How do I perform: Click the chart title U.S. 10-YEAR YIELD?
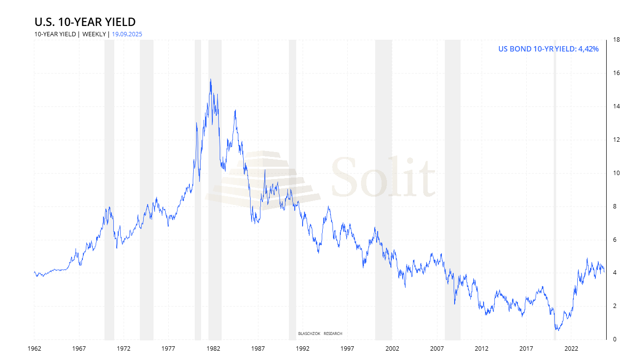pyautogui.click(x=85, y=22)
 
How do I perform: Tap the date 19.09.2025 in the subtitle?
pyautogui.click(x=127, y=34)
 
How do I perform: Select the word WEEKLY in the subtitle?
pyautogui.click(x=93, y=34)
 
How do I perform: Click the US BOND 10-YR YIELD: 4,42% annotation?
pyautogui.click(x=548, y=49)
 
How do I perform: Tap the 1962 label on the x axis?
pyautogui.click(x=34, y=349)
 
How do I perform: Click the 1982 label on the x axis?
pyautogui.click(x=213, y=349)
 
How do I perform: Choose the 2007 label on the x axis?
pyautogui.click(x=436, y=349)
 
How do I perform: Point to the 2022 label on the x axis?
pyautogui.click(x=571, y=349)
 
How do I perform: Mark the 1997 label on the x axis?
pyautogui.click(x=347, y=349)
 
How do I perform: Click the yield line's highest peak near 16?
pyautogui.click(x=210, y=79)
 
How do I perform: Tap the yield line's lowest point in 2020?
pyautogui.click(x=557, y=330)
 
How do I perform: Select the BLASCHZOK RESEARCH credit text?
pyautogui.click(x=320, y=334)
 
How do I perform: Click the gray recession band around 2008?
pyautogui.click(x=452, y=186)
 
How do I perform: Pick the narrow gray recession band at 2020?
pyautogui.click(x=555, y=186)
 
